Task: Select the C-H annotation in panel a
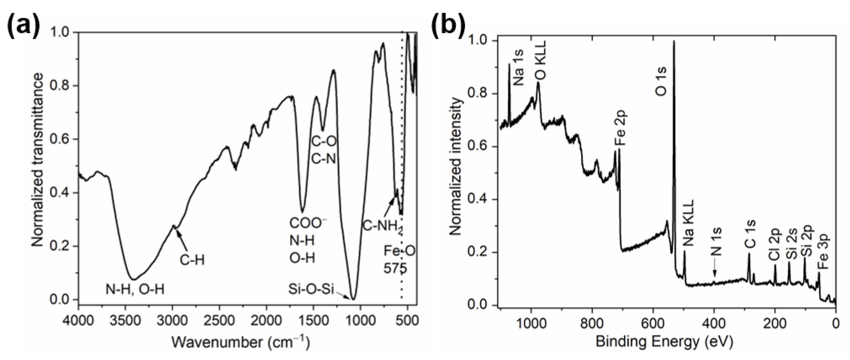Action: [192, 260]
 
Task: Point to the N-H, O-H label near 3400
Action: [135, 289]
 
